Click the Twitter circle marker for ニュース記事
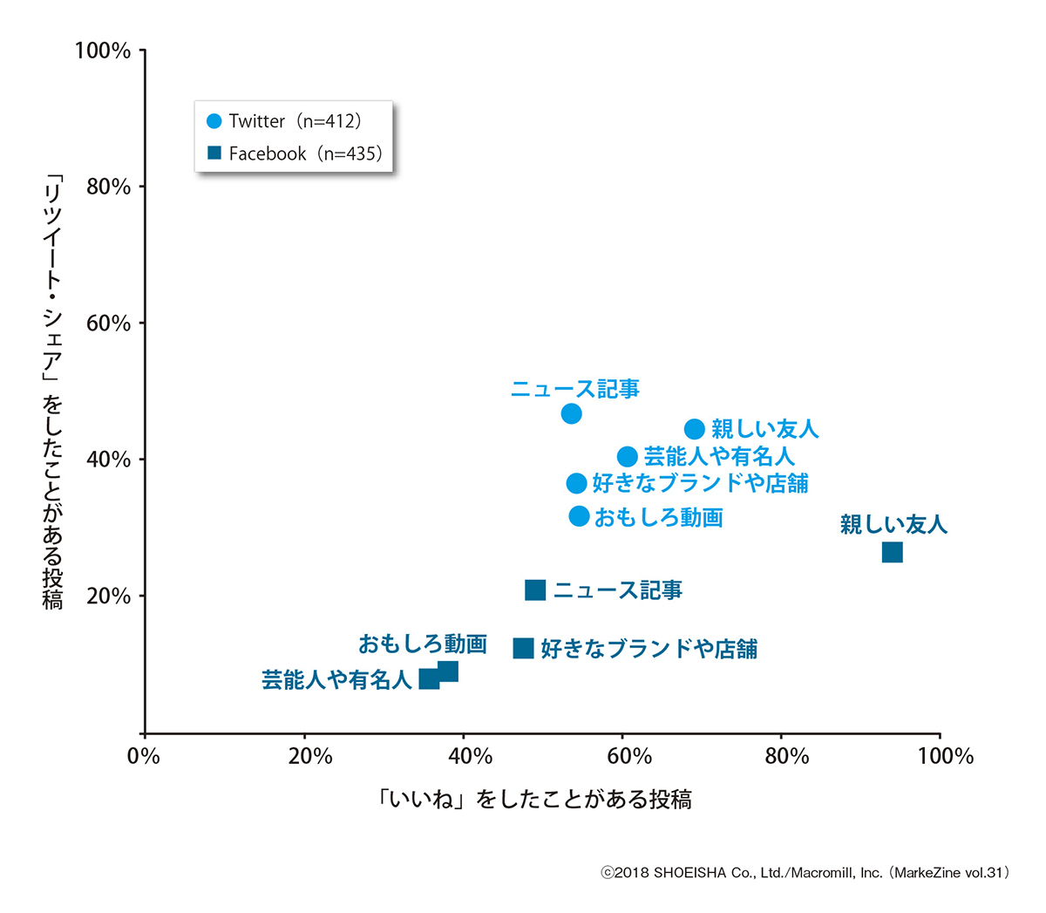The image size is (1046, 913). coord(571,413)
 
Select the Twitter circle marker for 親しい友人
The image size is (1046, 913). coord(694,429)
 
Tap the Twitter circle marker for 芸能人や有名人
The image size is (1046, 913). coord(627,457)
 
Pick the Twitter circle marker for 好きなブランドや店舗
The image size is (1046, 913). coord(576,483)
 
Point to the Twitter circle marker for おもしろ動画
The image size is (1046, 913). coord(579,516)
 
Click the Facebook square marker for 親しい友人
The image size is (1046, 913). coord(892,552)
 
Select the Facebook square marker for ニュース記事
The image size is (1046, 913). coord(535,590)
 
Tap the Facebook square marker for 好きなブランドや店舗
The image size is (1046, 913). coord(523,648)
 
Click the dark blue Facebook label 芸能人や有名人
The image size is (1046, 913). coord(336,680)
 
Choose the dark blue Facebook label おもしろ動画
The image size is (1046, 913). coord(423,644)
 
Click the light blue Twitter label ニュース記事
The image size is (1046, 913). coord(575,389)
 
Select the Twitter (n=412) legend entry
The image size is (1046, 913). coord(285,121)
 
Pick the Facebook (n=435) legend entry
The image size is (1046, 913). coord(295,153)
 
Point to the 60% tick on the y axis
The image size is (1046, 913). coord(109,324)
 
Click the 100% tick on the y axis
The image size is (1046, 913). coord(103,51)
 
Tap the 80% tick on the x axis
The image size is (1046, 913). coord(787,756)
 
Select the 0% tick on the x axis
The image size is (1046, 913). coord(144,756)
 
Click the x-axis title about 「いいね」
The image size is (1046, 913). coord(534,800)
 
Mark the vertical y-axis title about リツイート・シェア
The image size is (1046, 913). coord(54,392)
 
